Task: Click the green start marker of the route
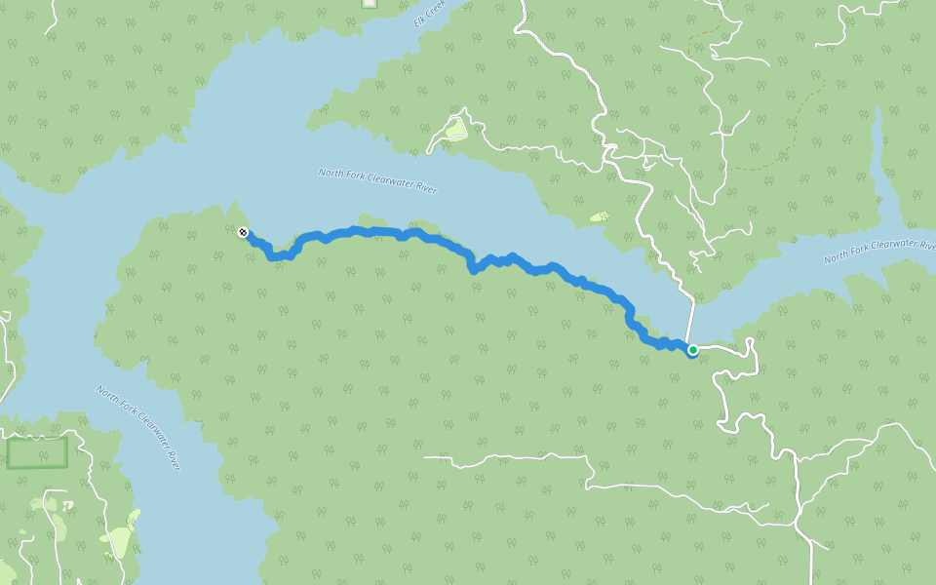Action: tap(692, 349)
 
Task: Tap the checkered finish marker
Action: tap(243, 232)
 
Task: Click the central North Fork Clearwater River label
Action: tap(377, 180)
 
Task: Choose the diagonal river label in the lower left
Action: tap(139, 427)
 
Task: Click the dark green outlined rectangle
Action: tap(37, 452)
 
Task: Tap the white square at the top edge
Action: tap(369, 3)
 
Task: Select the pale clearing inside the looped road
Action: tap(455, 129)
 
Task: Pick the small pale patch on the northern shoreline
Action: tap(598, 216)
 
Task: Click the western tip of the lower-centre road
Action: tap(426, 456)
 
